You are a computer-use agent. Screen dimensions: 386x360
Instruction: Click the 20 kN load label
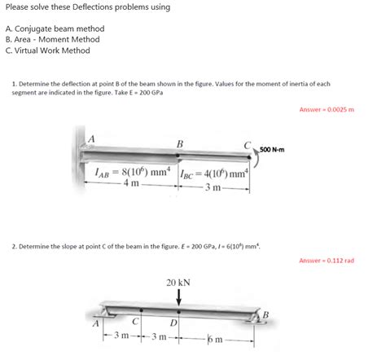tap(178, 283)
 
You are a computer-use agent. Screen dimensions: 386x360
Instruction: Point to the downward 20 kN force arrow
tap(178, 297)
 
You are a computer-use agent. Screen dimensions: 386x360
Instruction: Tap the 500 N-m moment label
tap(272, 150)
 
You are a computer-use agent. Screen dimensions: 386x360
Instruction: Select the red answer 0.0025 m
tap(327, 109)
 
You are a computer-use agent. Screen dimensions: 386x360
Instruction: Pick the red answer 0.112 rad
tap(327, 261)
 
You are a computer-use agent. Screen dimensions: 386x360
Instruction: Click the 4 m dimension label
tap(131, 183)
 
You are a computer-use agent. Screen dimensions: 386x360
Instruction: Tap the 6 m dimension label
tap(215, 339)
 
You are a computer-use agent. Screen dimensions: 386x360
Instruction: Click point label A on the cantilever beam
tap(92, 139)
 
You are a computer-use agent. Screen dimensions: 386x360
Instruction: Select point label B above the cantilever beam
tap(180, 144)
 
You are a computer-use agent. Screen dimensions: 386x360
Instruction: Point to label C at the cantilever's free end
tap(247, 146)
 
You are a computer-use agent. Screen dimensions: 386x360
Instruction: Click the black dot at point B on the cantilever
tap(178, 156)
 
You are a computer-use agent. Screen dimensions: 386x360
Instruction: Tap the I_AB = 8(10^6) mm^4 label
tap(133, 172)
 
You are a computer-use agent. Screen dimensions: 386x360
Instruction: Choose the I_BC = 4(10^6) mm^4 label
tap(214, 173)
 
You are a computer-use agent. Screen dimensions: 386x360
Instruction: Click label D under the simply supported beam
tap(173, 323)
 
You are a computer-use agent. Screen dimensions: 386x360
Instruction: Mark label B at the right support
tap(265, 315)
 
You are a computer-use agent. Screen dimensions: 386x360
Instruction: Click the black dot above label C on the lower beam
tap(141, 310)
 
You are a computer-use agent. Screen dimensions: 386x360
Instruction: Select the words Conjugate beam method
tap(59, 29)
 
